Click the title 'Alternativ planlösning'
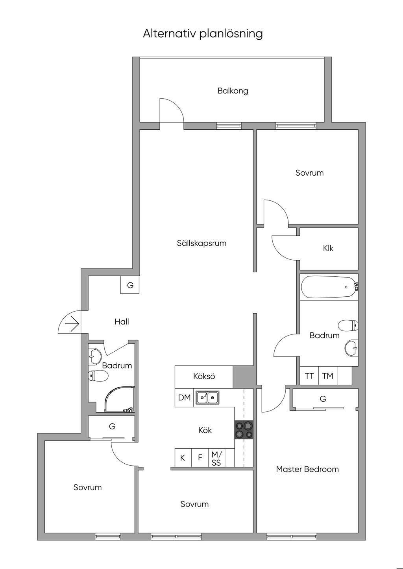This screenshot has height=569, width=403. (x=203, y=33)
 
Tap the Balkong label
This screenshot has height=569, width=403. (x=233, y=91)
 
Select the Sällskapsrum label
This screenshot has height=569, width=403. (x=201, y=243)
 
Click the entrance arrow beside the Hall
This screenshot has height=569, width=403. (x=72, y=324)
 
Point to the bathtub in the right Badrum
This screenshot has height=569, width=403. (x=328, y=287)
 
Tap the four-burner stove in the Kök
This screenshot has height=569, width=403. (x=244, y=430)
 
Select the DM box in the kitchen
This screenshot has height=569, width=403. (x=184, y=398)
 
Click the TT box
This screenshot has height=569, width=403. (x=309, y=376)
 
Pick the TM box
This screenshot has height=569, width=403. (x=327, y=376)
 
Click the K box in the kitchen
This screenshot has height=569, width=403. (x=183, y=458)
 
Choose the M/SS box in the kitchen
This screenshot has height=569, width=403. (x=216, y=458)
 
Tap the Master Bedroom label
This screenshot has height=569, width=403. (x=307, y=469)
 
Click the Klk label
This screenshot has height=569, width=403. (x=328, y=248)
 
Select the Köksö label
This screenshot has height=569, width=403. (x=204, y=376)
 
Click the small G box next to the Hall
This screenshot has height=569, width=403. (x=130, y=285)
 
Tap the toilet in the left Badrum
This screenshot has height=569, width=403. (x=98, y=376)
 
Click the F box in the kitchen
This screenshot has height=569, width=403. (x=200, y=458)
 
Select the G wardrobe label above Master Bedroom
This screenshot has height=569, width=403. (x=323, y=399)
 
